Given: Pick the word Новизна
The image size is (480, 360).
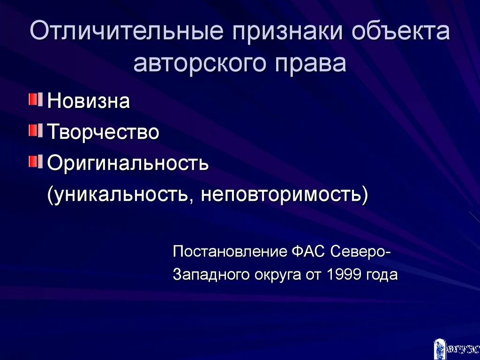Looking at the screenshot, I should [89, 101].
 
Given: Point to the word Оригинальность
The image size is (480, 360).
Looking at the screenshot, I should [128, 164].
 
